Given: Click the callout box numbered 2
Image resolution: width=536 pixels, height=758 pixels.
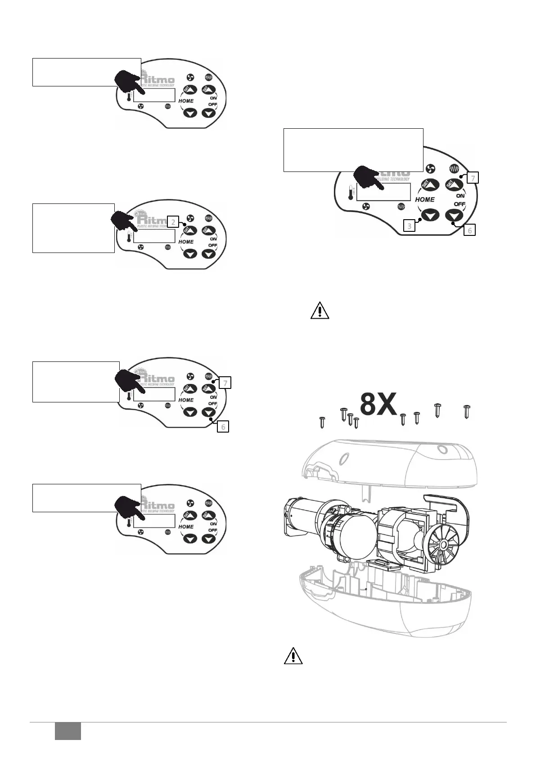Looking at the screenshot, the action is point(174,221).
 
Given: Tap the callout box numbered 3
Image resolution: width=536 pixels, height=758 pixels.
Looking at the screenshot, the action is point(409,226).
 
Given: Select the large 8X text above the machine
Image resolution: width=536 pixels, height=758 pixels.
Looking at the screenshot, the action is point(378,405).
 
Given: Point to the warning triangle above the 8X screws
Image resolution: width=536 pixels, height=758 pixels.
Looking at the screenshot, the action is point(320,311).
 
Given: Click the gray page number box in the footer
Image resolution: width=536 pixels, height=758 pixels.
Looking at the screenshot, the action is point(68,731).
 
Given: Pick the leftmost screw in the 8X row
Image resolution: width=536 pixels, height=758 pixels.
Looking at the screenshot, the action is point(322,422).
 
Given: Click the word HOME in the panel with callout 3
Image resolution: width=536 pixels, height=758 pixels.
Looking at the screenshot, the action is point(424,199).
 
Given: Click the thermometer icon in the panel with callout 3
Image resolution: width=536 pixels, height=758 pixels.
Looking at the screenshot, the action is point(351,193).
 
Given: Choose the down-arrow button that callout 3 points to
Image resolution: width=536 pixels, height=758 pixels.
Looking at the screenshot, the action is point(430,215).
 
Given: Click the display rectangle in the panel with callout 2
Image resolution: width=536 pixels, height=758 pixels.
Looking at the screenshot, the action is point(154,235).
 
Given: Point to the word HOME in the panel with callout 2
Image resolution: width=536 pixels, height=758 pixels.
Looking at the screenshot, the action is point(186,242).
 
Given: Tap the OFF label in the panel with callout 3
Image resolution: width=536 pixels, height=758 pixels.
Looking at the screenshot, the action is point(459,204).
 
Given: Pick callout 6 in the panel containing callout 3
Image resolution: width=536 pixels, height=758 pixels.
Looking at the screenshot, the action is point(469,230).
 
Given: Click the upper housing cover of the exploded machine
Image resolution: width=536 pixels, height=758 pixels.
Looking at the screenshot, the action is point(387,464).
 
